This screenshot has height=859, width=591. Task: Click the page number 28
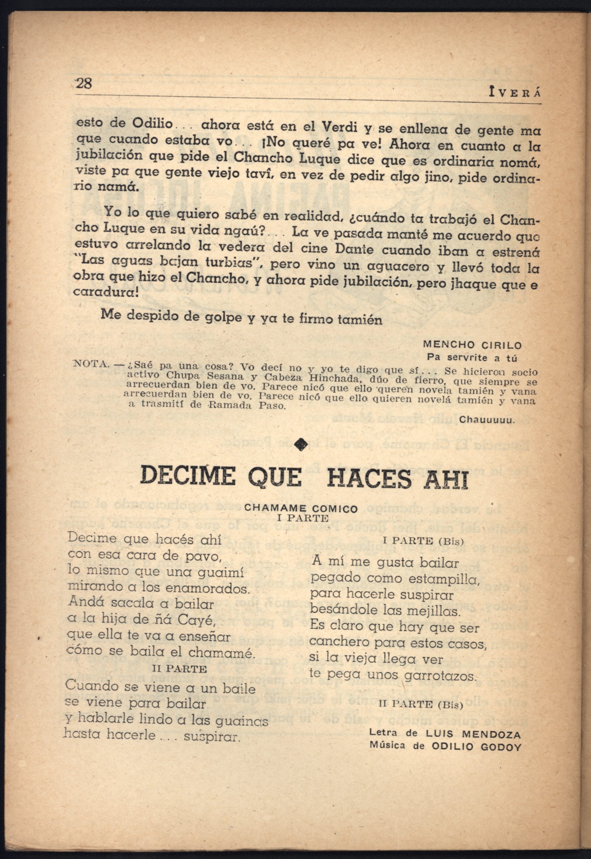tap(84, 83)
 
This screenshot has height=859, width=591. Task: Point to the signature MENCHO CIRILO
tap(472, 345)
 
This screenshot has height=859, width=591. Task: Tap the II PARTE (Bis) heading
tap(421, 704)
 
